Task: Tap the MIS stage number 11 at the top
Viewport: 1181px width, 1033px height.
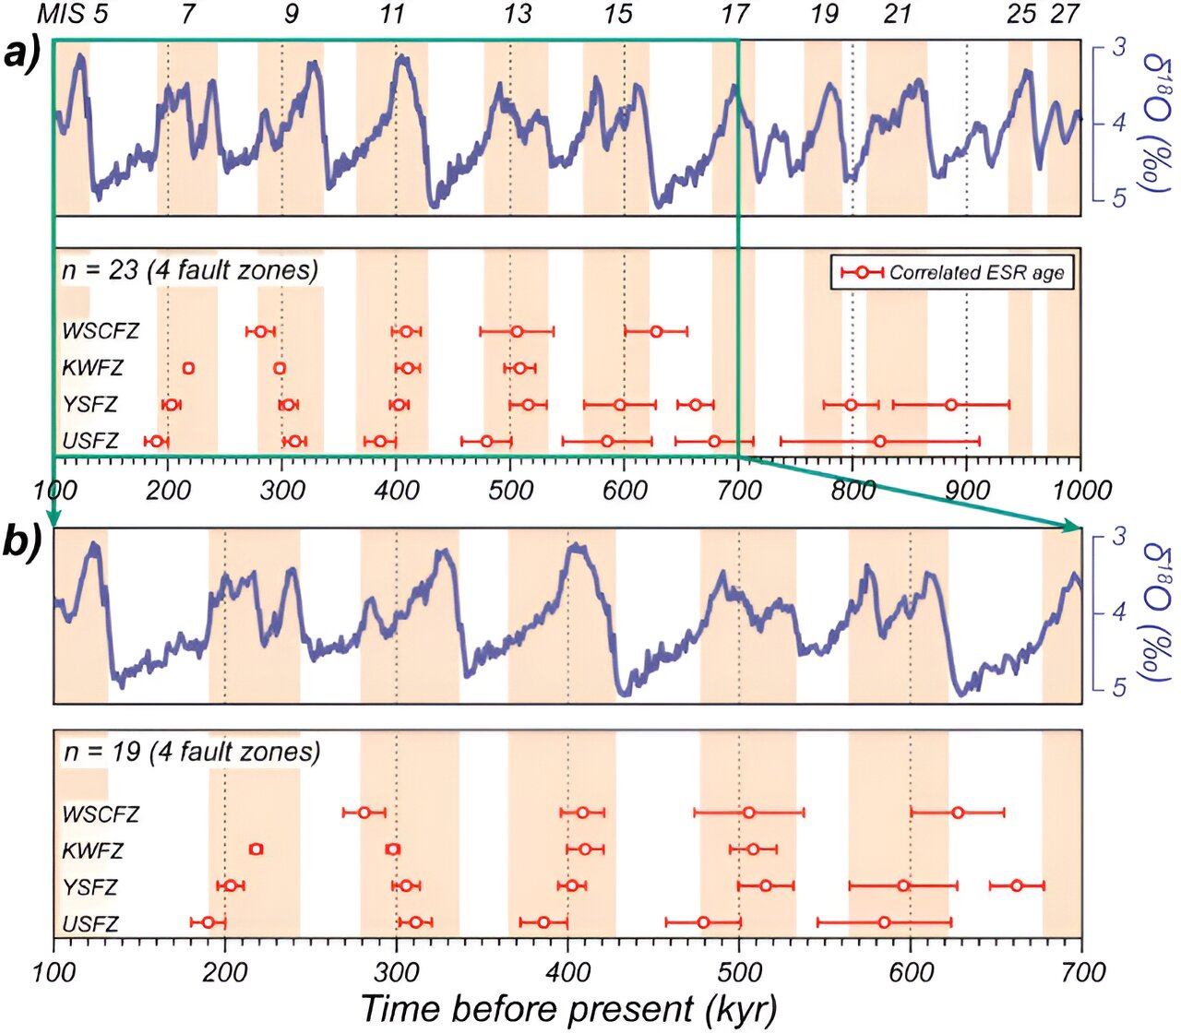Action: (x=392, y=14)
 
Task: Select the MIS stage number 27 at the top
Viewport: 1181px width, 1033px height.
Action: (x=1064, y=14)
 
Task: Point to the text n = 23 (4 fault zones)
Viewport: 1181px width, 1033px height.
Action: (x=190, y=269)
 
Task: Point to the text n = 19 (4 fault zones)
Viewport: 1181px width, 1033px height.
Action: (x=192, y=752)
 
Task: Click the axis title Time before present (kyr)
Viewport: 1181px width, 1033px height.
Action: (x=567, y=1008)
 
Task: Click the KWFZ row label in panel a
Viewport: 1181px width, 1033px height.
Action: (x=92, y=368)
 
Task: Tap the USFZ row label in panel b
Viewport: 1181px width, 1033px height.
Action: (x=90, y=923)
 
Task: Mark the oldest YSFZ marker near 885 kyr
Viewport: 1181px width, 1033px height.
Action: (x=950, y=405)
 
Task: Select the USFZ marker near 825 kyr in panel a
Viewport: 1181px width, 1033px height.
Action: (x=880, y=442)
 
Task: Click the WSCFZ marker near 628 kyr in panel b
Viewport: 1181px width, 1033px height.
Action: (x=958, y=813)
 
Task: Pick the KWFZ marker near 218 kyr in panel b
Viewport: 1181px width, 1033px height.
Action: (x=256, y=849)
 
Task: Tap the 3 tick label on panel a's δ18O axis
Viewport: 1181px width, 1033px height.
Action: (x=1119, y=46)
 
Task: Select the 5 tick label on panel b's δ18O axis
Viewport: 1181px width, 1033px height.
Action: (x=1119, y=687)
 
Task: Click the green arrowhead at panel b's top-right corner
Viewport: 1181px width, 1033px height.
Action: (x=1073, y=527)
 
